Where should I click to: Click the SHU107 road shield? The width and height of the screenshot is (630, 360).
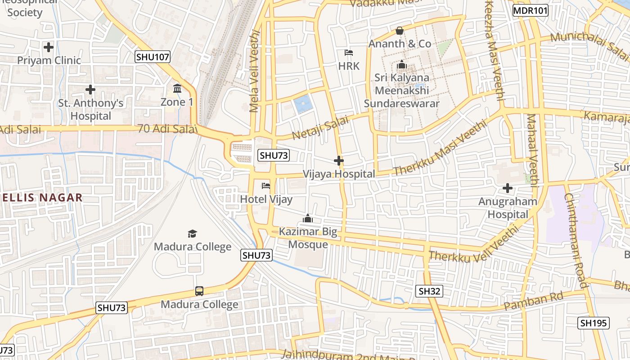153,57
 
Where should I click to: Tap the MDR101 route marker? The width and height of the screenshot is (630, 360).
531,10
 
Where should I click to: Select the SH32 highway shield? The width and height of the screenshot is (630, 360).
429,291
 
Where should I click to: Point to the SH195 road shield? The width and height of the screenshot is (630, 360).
594,323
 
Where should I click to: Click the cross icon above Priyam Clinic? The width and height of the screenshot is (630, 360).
49,47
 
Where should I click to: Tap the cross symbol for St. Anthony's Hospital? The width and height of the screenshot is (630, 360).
90,90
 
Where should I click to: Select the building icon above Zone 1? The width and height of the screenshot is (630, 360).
177,88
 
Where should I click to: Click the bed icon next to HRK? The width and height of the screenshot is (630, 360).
349,53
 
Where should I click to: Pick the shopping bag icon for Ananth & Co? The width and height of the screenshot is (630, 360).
399,31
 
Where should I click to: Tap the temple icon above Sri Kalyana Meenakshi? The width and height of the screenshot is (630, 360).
402,65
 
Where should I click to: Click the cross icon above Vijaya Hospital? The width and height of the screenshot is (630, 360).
339,161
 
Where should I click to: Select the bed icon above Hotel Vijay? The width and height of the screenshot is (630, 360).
266,185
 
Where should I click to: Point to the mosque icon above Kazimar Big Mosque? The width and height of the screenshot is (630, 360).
308,219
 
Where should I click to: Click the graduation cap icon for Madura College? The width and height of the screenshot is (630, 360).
193,234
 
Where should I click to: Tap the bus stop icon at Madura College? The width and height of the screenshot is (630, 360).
199,291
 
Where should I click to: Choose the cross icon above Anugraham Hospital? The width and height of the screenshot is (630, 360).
508,188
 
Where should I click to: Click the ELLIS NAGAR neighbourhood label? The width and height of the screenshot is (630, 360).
42,198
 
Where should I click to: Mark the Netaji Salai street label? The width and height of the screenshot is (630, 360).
320,128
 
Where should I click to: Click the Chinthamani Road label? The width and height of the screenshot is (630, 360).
576,240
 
